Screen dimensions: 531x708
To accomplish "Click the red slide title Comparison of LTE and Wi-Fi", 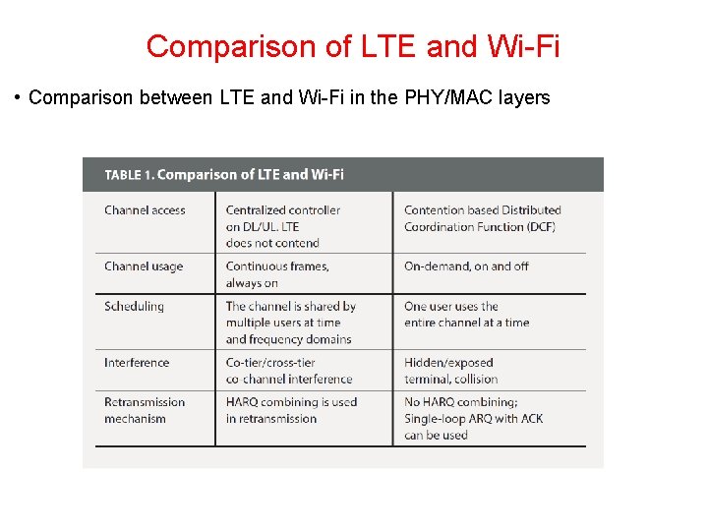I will [x=353, y=46].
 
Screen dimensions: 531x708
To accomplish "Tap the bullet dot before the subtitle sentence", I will [x=18, y=98].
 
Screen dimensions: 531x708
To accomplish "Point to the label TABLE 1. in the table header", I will [x=129, y=175].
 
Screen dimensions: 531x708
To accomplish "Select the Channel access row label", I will [x=145, y=210].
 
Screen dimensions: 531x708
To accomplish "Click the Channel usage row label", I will [x=144, y=266].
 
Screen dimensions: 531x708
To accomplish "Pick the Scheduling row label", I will [x=134, y=307].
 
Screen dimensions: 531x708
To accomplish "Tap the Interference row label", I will [x=137, y=363].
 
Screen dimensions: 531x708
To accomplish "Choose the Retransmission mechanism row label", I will [x=145, y=410].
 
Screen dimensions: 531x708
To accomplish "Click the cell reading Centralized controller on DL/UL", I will [x=283, y=226].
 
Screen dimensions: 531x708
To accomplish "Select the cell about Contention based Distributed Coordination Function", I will [x=482, y=218].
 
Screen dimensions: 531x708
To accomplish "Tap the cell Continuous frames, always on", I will [x=277, y=274].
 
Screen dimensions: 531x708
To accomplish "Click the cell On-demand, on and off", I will [x=466, y=266].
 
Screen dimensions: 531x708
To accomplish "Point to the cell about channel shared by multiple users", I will [x=290, y=323].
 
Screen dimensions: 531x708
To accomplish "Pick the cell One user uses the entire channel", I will [x=466, y=315].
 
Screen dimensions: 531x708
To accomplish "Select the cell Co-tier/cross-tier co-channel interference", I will [x=288, y=371].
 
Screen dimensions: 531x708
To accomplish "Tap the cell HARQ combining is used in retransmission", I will [x=291, y=410].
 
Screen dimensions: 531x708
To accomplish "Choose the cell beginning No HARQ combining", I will [x=473, y=418].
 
